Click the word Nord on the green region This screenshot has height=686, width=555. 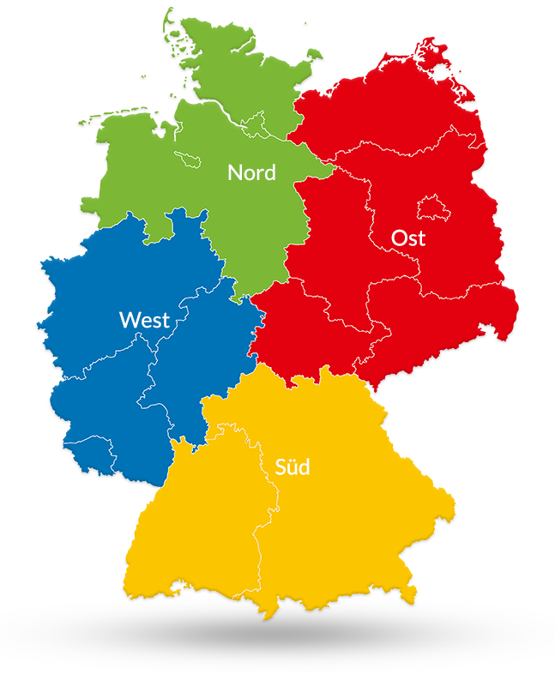pos(251,172)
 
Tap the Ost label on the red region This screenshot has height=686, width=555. pos(408,238)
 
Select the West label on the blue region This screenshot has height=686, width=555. pos(144,320)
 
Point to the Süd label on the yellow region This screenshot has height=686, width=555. pos(292,467)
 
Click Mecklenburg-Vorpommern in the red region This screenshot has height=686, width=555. pos(386,103)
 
